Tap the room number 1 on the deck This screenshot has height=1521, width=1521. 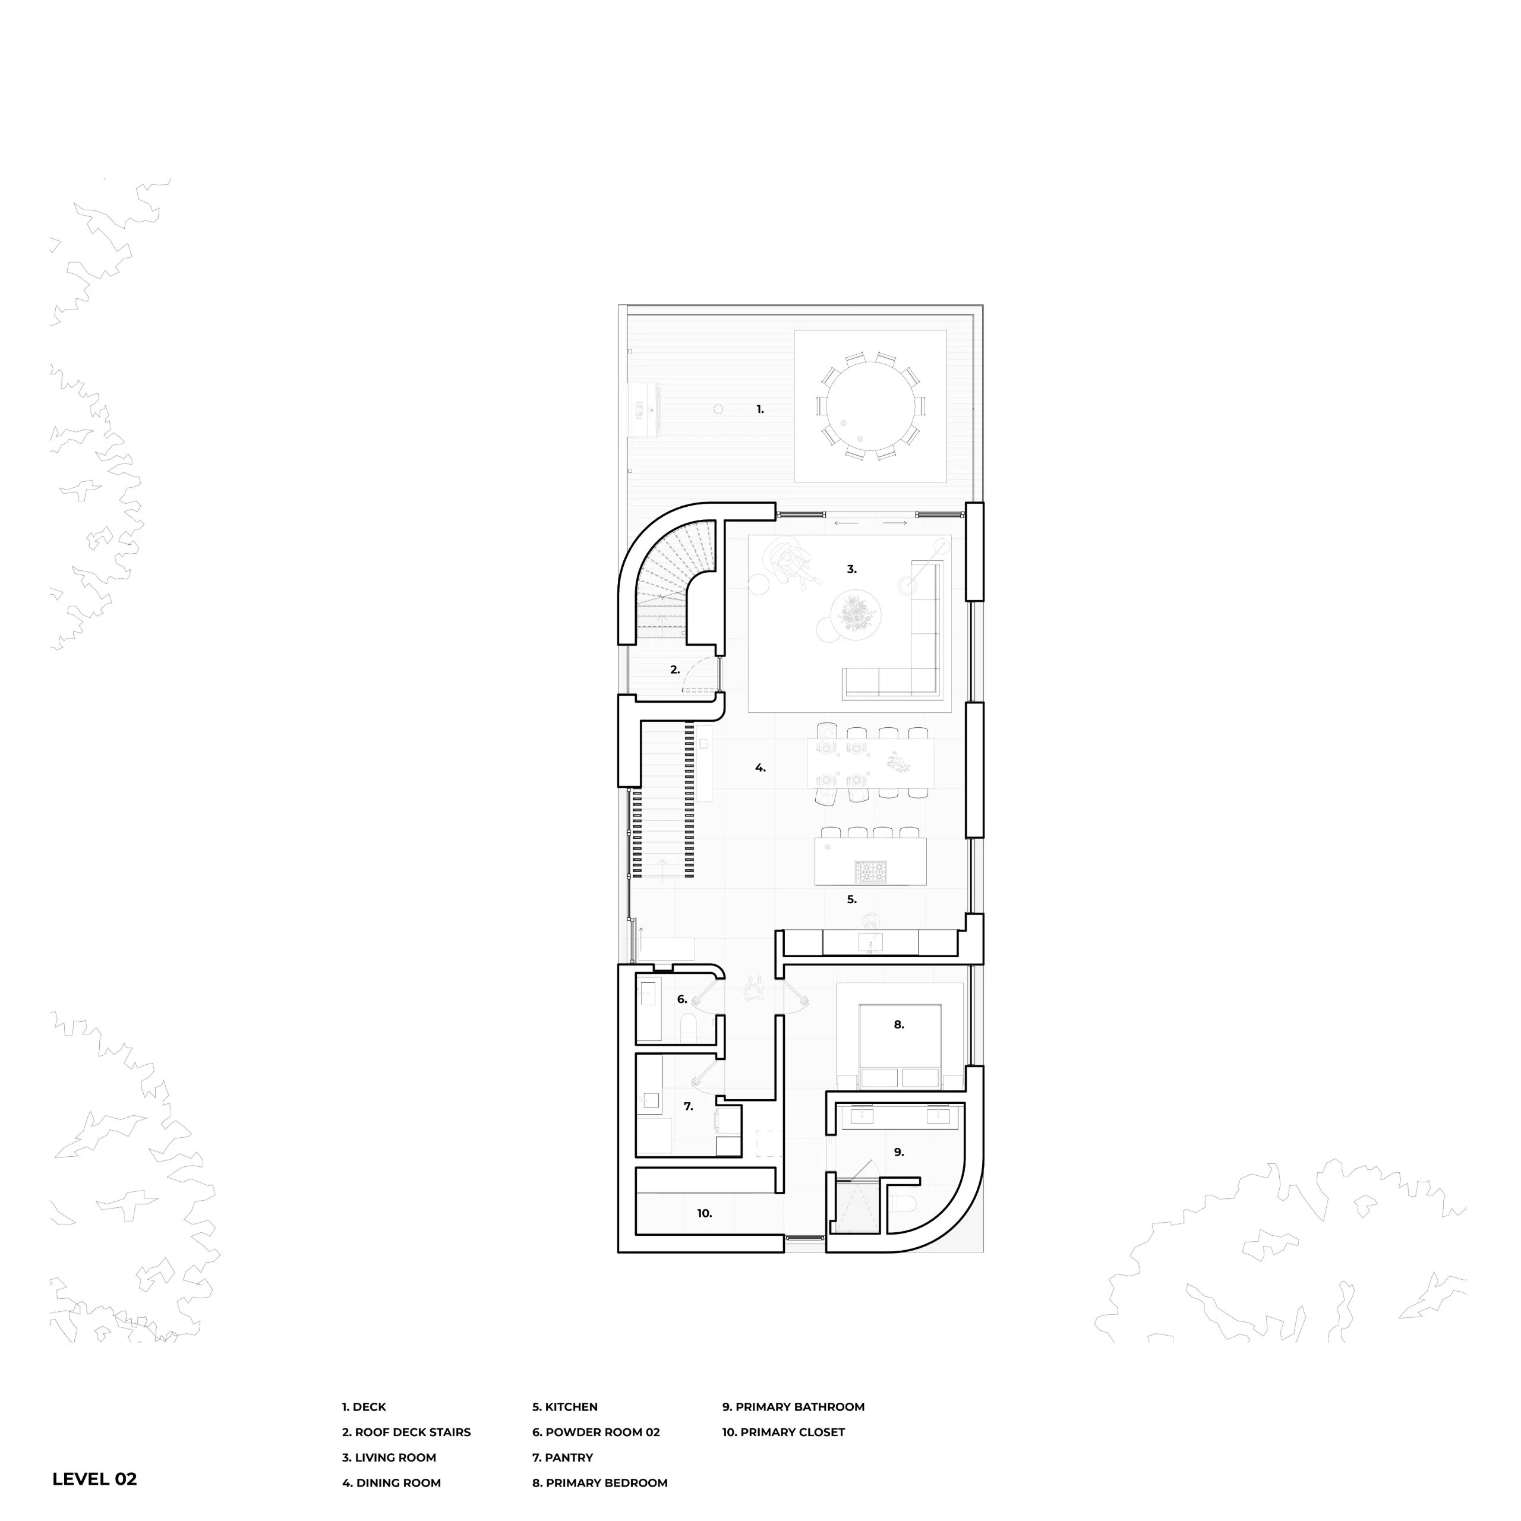pyautogui.click(x=760, y=409)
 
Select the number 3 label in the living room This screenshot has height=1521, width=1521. pyautogui.click(x=851, y=569)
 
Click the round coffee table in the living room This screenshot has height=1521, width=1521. pyautogui.click(x=856, y=613)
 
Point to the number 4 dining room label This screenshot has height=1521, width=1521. pyautogui.click(x=760, y=768)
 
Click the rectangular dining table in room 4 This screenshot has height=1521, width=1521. pyautogui.click(x=871, y=763)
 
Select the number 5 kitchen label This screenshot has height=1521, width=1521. pyautogui.click(x=851, y=899)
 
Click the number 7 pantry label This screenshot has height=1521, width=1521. pyautogui.click(x=688, y=1106)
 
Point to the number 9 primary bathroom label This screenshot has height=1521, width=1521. pyautogui.click(x=898, y=1152)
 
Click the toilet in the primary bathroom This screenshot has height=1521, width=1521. pyautogui.click(x=904, y=1204)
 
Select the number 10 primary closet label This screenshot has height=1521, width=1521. pyautogui.click(x=705, y=1213)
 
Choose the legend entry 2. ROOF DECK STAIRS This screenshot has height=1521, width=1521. pyautogui.click(x=406, y=1432)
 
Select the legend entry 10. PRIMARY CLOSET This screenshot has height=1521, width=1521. pyautogui.click(x=783, y=1432)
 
